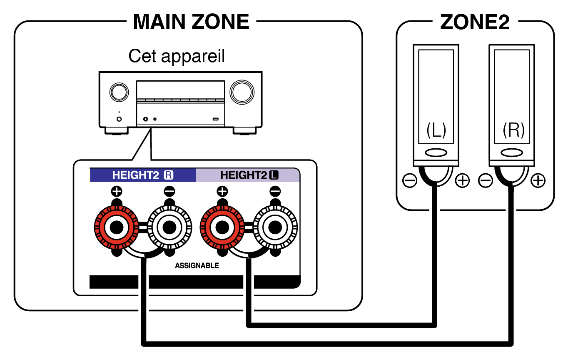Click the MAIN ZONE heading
(191, 21)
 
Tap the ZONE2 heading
(475, 23)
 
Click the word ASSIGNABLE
(197, 265)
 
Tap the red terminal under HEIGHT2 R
(116, 227)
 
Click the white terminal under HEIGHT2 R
(169, 227)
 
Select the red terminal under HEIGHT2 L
(222, 227)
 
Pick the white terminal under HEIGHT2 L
(275, 227)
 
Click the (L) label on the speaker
(436, 131)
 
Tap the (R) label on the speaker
(513, 131)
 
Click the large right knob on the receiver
(242, 92)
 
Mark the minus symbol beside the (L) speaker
(410, 181)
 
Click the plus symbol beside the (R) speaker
(538, 181)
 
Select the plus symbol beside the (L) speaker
(462, 181)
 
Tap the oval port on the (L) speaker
(436, 152)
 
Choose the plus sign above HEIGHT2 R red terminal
(117, 192)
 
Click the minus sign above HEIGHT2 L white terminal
(275, 192)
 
